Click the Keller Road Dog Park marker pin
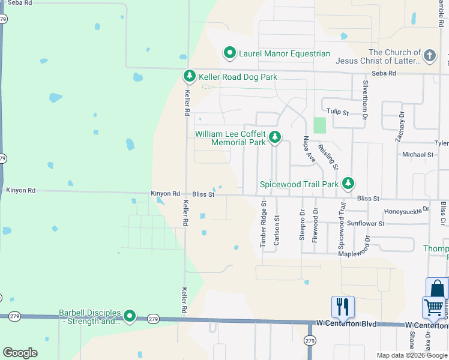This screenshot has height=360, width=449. pyautogui.click(x=190, y=76)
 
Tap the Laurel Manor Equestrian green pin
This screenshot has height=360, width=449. pyautogui.click(x=229, y=53)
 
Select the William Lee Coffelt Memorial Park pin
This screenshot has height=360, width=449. pyautogui.click(x=274, y=138)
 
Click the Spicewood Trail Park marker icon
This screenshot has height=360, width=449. pyautogui.click(x=348, y=184)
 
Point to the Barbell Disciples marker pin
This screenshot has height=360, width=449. pyautogui.click(x=130, y=316)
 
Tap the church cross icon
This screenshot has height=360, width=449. pyautogui.click(x=429, y=56)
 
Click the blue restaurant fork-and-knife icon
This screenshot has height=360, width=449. pyautogui.click(x=343, y=307)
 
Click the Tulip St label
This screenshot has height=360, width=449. pyautogui.click(x=337, y=111)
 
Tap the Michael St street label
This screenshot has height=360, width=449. pyautogui.click(x=418, y=154)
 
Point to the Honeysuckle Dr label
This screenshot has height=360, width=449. pyautogui.click(x=407, y=211)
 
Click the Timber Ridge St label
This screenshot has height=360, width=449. pyautogui.click(x=264, y=224)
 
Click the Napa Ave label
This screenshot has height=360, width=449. pyautogui.click(x=309, y=149)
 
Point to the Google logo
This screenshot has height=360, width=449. pyautogui.click(x=20, y=353)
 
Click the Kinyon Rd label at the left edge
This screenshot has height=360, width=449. pyautogui.click(x=20, y=190)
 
